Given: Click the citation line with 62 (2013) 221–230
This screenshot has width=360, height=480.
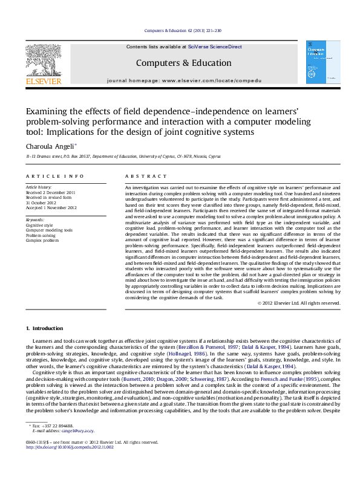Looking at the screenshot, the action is point(180,30).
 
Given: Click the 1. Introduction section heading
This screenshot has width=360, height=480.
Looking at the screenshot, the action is point(44,328).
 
